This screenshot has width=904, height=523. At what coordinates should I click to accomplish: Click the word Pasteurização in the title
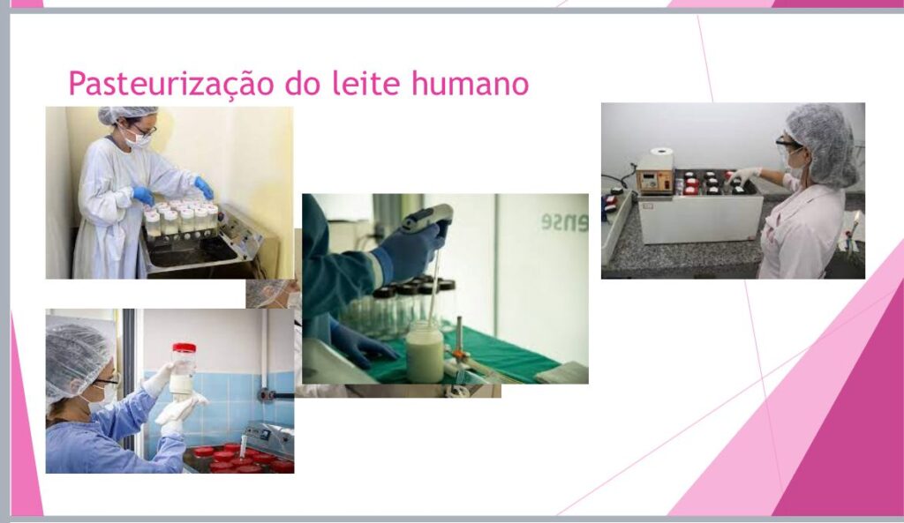pyautogui.click(x=170, y=85)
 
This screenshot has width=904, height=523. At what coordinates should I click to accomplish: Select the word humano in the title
pyautogui.click(x=470, y=83)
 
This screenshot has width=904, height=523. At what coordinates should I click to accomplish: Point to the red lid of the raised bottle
pyautogui.click(x=184, y=347)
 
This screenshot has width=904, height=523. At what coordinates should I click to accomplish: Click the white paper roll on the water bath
pyautogui.click(x=661, y=155)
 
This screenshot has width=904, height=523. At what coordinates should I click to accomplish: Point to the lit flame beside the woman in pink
pyautogui.click(x=856, y=219)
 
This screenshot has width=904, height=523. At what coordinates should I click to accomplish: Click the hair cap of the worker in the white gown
pyautogui.click(x=126, y=114)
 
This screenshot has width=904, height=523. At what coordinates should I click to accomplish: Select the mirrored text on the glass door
pyautogui.click(x=563, y=222)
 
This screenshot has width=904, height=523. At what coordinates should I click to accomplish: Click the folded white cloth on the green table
pyautogui.click(x=561, y=373)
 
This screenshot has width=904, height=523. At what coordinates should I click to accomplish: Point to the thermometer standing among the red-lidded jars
pyautogui.click(x=244, y=445)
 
